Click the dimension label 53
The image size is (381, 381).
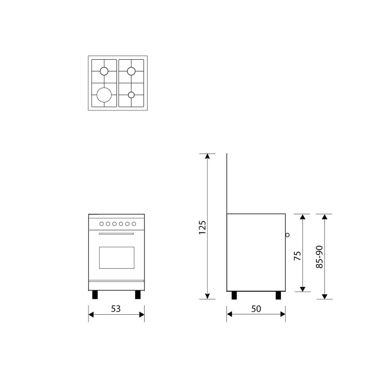tap(116, 309)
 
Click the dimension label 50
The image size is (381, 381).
tap(256, 309)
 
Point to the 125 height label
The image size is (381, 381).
tap(202, 227)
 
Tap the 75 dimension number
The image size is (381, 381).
tap(298, 255)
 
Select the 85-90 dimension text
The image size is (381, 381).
tap(319, 257)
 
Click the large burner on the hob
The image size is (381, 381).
tap(104, 95)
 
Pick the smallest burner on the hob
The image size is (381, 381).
tap(131, 94)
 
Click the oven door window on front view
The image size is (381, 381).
tap(117, 258)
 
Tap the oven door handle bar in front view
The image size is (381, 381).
tap(116, 233)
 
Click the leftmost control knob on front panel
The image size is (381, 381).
tap(101, 224)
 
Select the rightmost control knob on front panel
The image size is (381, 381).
tap(134, 224)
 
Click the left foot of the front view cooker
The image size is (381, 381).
tap(95, 295)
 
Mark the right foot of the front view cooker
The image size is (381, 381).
tap(138, 295)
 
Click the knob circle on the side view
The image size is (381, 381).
tap(287, 235)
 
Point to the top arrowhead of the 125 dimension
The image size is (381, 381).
tap(207, 156)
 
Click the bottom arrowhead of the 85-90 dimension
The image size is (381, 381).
tap(325, 296)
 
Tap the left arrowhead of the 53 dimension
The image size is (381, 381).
tap(91, 314)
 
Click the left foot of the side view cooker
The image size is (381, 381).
tap(234, 295)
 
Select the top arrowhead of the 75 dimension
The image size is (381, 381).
tap(303, 217)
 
